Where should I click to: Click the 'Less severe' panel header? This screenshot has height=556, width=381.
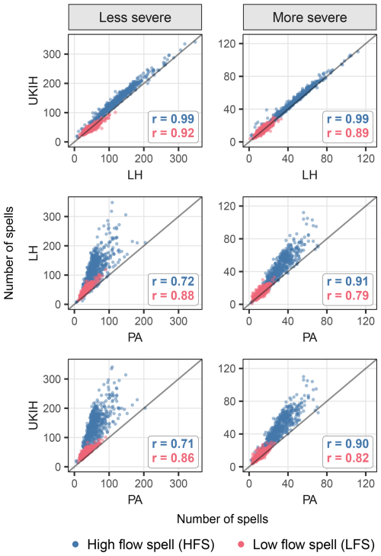[135, 18]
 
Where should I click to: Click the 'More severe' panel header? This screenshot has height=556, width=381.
[309, 18]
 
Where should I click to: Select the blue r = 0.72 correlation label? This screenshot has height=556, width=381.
[173, 281]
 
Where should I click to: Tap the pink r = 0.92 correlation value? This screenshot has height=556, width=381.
[173, 133]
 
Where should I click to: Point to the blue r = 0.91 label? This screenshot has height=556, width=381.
[347, 281]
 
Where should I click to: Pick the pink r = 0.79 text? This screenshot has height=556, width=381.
[347, 296]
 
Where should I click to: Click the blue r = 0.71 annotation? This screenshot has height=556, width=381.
[173, 443]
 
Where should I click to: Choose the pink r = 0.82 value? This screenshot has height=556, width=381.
[347, 458]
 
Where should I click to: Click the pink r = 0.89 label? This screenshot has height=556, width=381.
[347, 133]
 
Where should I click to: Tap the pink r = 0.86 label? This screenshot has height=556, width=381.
[173, 458]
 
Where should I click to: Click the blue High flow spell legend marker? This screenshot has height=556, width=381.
[75, 545]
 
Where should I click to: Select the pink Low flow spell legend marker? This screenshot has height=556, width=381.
[241, 545]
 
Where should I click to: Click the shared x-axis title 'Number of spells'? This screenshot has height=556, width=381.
[223, 519]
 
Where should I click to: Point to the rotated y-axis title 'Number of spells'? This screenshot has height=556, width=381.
[8, 253]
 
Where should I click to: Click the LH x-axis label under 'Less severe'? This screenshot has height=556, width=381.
[135, 175]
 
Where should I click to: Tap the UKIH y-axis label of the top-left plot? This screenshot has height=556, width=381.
[33, 91]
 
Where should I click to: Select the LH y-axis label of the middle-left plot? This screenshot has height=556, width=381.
[33, 254]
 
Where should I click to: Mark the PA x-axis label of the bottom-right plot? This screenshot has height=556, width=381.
[309, 500]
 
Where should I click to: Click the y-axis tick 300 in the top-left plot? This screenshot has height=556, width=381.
[52, 54]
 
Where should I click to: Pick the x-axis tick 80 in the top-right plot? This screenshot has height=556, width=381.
[327, 158]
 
